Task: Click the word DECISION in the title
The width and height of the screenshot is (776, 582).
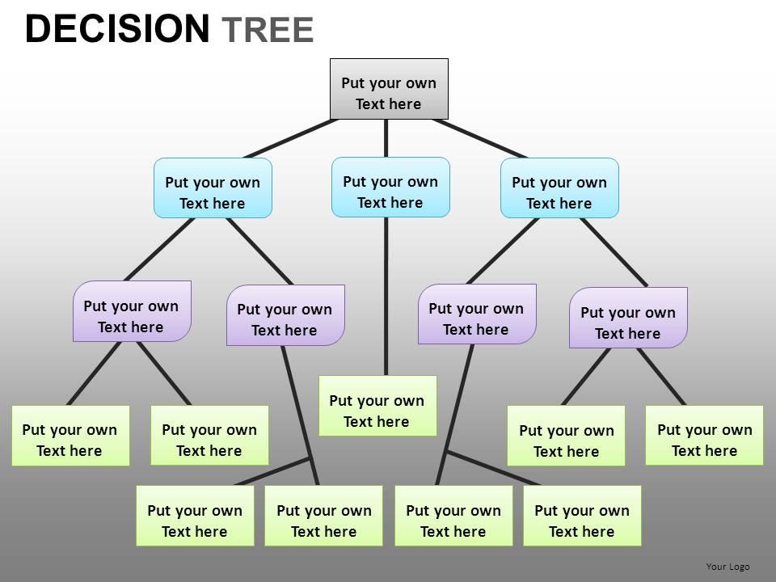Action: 116,29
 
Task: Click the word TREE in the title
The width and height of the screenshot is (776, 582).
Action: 267,30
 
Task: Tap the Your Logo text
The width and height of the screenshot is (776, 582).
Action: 727,567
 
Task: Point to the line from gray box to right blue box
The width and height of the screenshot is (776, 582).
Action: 480,138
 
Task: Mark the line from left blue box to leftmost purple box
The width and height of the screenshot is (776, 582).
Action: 159,249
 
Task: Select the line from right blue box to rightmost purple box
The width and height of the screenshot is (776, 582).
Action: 614,252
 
